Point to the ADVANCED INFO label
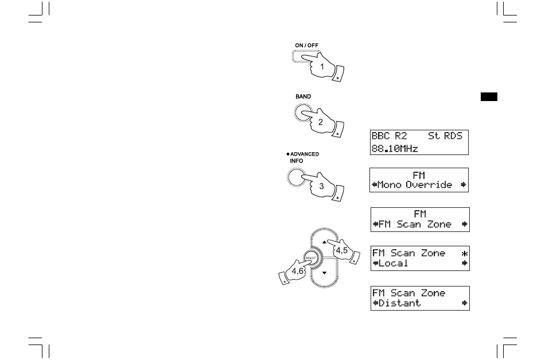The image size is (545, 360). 303,157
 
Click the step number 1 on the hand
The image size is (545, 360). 322,67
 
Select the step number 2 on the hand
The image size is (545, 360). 320,122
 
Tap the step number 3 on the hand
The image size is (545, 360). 322,186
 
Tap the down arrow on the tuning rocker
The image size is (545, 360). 324,272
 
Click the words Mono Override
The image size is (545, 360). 415,185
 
